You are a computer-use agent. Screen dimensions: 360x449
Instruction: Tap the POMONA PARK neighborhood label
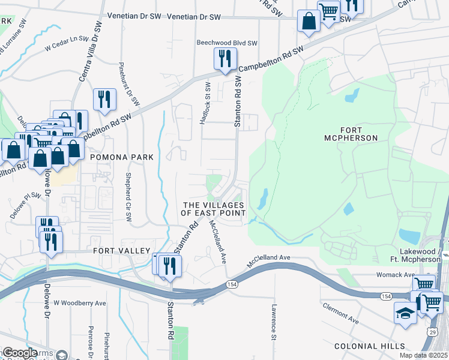click(121, 157)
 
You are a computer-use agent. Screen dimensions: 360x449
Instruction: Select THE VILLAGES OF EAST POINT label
click(214, 209)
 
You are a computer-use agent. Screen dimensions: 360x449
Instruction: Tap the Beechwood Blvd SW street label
click(228, 43)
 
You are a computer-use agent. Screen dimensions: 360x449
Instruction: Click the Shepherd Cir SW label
click(128, 197)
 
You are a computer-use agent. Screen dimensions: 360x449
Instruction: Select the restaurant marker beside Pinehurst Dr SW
click(105, 99)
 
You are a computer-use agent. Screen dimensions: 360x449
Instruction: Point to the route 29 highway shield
click(432, 331)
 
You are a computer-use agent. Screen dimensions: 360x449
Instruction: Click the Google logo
click(20, 352)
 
